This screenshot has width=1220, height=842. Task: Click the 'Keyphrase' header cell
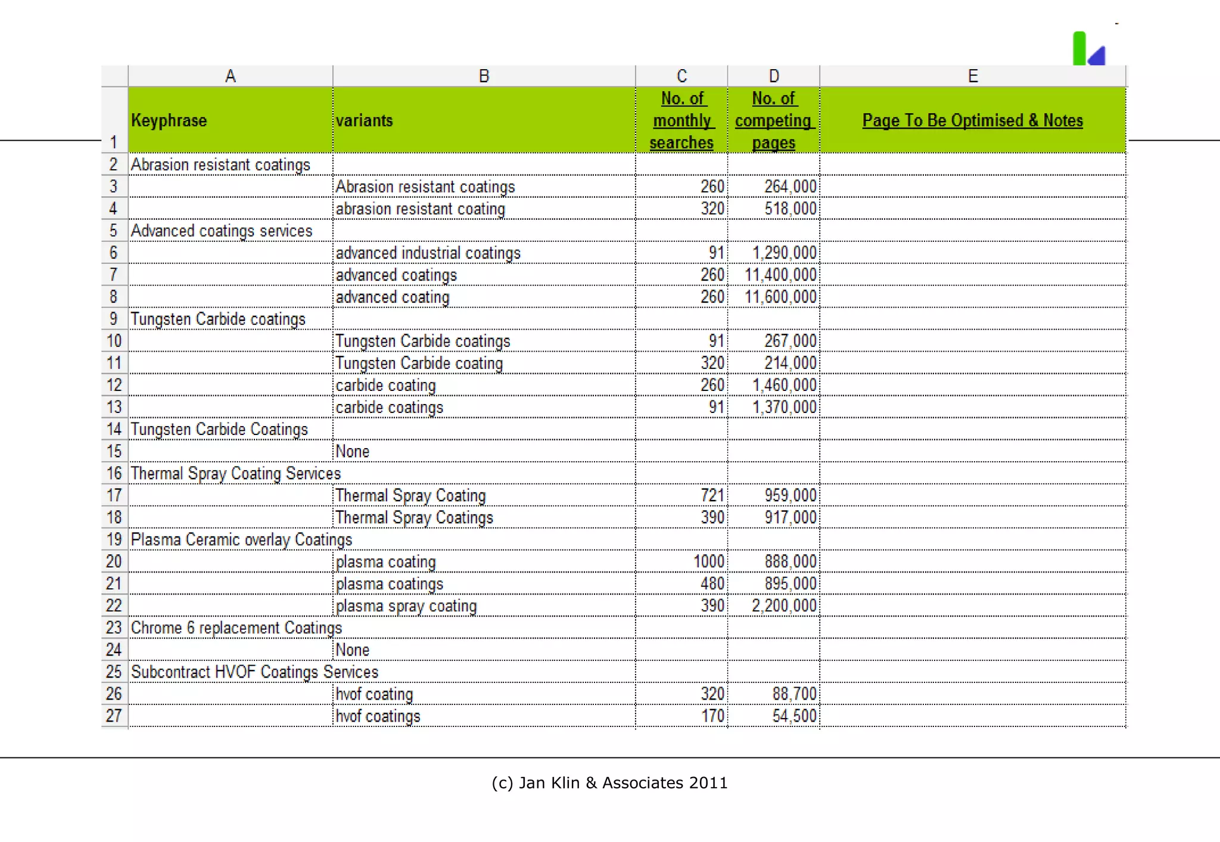(x=169, y=120)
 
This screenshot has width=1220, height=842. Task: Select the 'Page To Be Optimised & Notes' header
(x=972, y=120)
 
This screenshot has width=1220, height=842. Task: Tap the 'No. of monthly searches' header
(x=681, y=120)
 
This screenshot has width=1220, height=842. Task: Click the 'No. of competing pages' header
(x=773, y=120)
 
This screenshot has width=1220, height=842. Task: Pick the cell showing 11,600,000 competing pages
(x=780, y=297)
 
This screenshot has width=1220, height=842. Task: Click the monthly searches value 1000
(x=709, y=561)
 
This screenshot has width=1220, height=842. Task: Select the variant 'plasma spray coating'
(x=406, y=606)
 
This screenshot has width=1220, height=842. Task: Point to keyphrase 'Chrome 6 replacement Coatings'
(x=236, y=628)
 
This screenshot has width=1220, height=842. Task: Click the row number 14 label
(x=114, y=429)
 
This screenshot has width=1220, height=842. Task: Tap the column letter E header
(x=972, y=76)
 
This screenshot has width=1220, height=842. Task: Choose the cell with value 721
(x=712, y=495)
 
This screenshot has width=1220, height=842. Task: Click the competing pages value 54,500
(x=795, y=716)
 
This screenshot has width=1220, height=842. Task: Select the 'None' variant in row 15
(x=353, y=452)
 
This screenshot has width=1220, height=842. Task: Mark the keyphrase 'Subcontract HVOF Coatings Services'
(x=254, y=672)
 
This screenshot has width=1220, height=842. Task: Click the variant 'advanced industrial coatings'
(x=428, y=253)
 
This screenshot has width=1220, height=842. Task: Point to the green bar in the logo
(x=1079, y=48)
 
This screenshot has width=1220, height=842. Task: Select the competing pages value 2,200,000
(x=784, y=606)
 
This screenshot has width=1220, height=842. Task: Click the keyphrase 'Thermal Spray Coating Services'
(x=236, y=474)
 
